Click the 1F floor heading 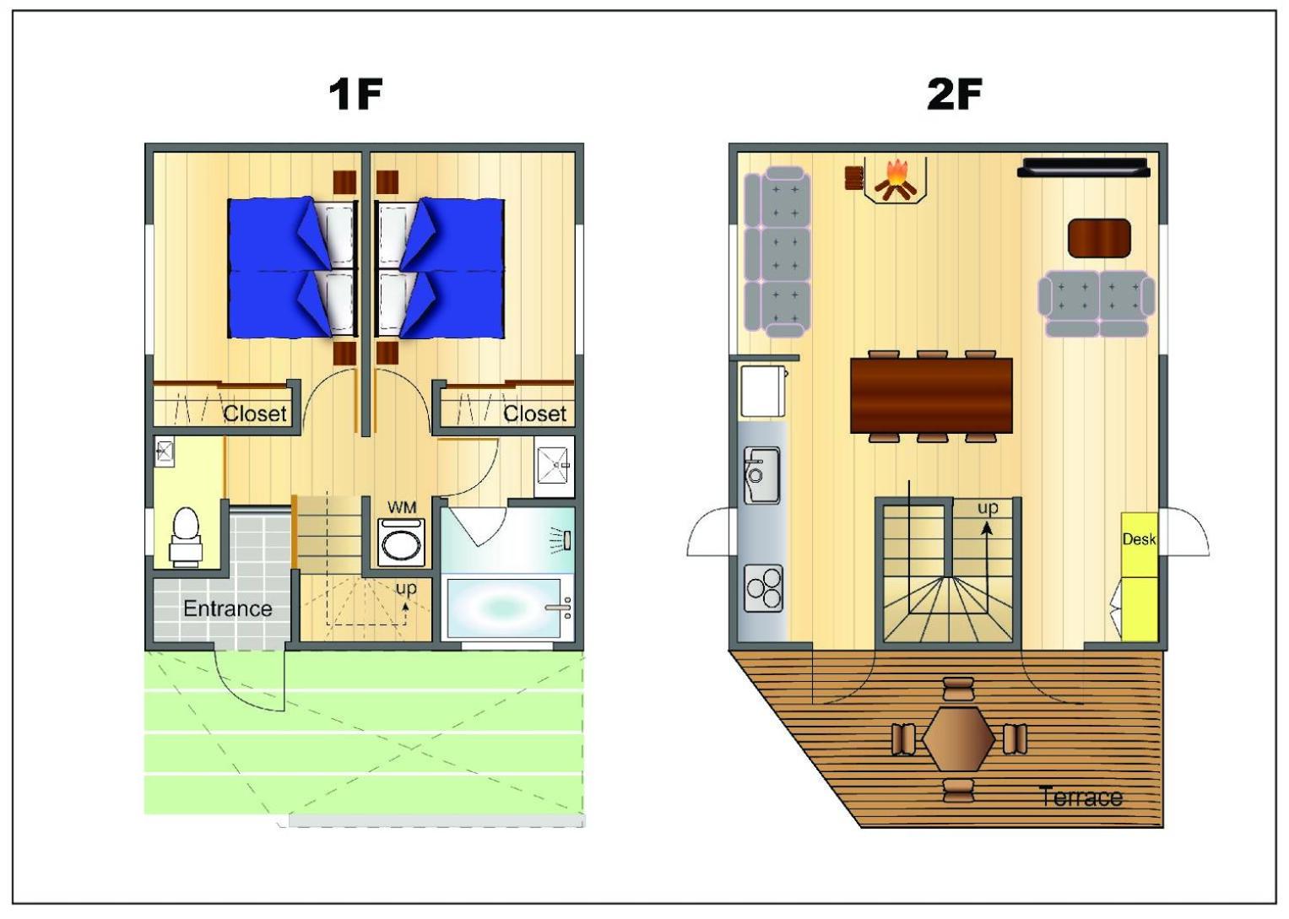click(355, 95)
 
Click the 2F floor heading click(954, 95)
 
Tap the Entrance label click(228, 608)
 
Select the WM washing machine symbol click(401, 542)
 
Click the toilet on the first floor click(186, 537)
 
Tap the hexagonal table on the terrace click(959, 739)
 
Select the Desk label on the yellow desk click(1139, 539)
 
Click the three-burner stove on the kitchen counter click(764, 587)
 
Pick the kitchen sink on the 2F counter click(761, 475)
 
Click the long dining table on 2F click(931, 395)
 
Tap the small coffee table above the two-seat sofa click(1099, 238)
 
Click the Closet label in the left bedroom click(254, 414)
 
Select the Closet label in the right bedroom click(534, 414)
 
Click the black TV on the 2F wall click(1084, 167)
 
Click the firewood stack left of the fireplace click(854, 177)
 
